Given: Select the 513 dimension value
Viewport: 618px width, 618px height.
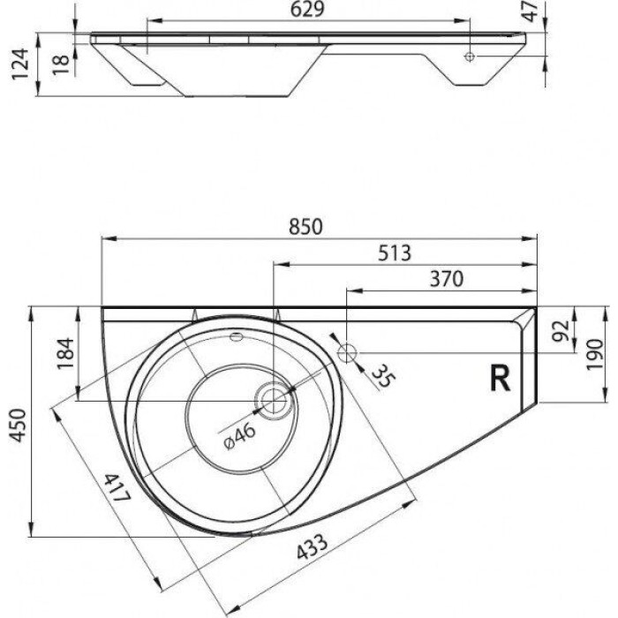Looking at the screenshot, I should (395, 252).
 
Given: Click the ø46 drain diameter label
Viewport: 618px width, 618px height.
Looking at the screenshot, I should (233, 435).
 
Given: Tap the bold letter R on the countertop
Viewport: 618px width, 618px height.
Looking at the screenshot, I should (499, 379).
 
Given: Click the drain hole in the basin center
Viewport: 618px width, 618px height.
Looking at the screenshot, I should (275, 401).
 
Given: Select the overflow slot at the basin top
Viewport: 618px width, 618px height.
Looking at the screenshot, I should (237, 336).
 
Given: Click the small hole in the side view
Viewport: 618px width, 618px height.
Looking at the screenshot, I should (470, 56).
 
